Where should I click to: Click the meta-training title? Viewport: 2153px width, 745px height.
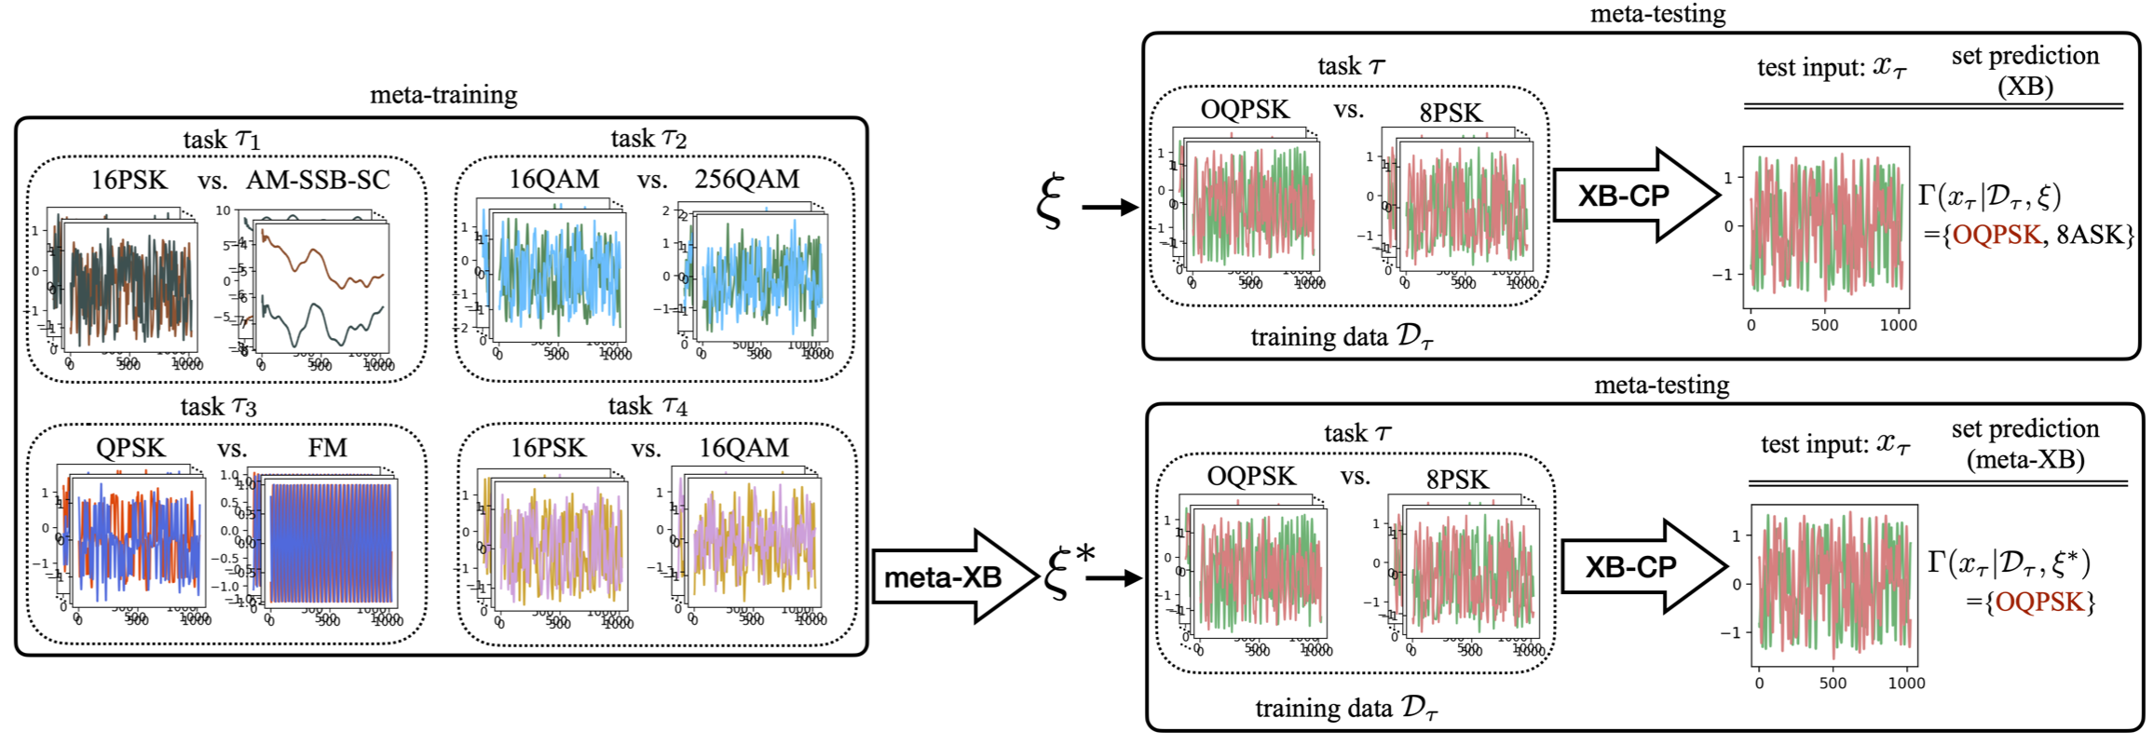pos(443,95)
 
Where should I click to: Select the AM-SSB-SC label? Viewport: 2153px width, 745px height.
pos(318,180)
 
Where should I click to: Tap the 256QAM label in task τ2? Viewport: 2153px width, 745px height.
pos(746,179)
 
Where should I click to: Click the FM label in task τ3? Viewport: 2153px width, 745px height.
pos(327,448)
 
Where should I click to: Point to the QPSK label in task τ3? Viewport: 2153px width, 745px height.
pos(130,448)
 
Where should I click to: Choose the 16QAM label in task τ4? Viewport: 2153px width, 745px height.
pos(743,448)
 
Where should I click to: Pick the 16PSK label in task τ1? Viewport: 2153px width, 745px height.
pos(129,180)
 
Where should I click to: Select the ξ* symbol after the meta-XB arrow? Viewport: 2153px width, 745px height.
pos(1069,570)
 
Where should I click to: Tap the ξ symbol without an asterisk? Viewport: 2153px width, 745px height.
pos(1050,201)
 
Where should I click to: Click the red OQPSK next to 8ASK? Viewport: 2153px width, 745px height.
pos(1996,235)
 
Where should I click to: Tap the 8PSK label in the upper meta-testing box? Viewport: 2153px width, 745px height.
pos(1450,113)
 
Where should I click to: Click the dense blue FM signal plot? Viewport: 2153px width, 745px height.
pos(331,543)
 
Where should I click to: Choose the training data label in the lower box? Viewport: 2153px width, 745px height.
pos(1346,709)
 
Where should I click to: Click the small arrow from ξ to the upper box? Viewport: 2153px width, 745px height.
pos(1110,207)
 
